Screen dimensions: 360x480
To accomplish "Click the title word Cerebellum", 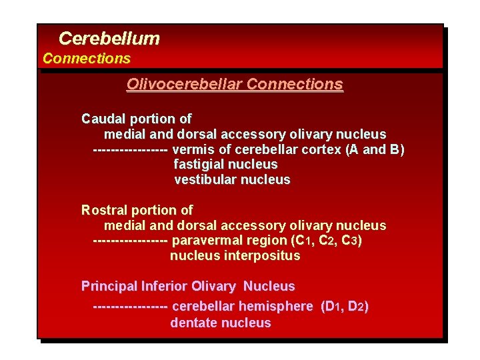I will coord(109,39).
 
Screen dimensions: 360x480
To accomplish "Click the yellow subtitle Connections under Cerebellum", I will coord(87,59).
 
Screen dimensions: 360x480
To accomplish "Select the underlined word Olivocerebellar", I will coord(184,85).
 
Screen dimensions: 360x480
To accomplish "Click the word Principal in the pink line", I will coord(109,287).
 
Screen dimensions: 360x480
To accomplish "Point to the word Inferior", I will coord(165,287).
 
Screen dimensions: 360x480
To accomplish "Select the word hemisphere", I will coord(275,307).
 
